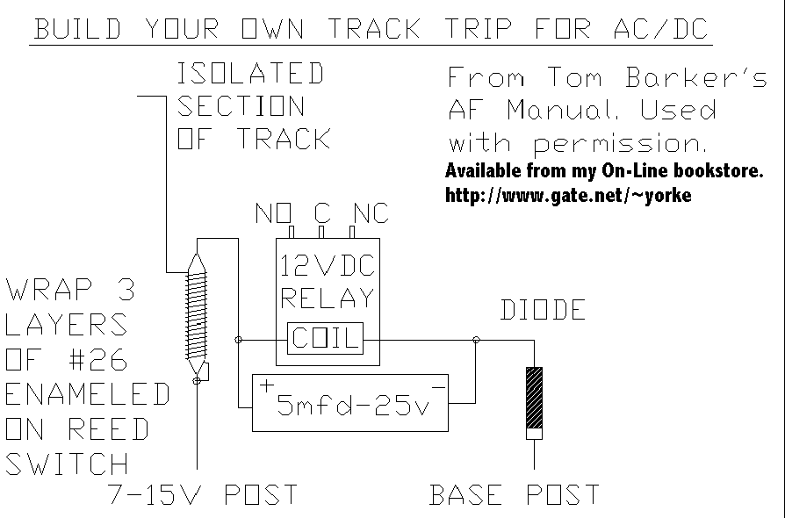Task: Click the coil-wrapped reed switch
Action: [198, 313]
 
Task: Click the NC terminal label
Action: [370, 213]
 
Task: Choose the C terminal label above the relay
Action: [321, 213]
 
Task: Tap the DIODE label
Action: [543, 310]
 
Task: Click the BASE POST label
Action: [514, 495]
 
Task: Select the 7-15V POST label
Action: [201, 495]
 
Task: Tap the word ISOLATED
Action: [250, 74]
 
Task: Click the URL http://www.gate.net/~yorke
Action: [568, 195]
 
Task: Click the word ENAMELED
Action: [87, 394]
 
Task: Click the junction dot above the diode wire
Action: [476, 340]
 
